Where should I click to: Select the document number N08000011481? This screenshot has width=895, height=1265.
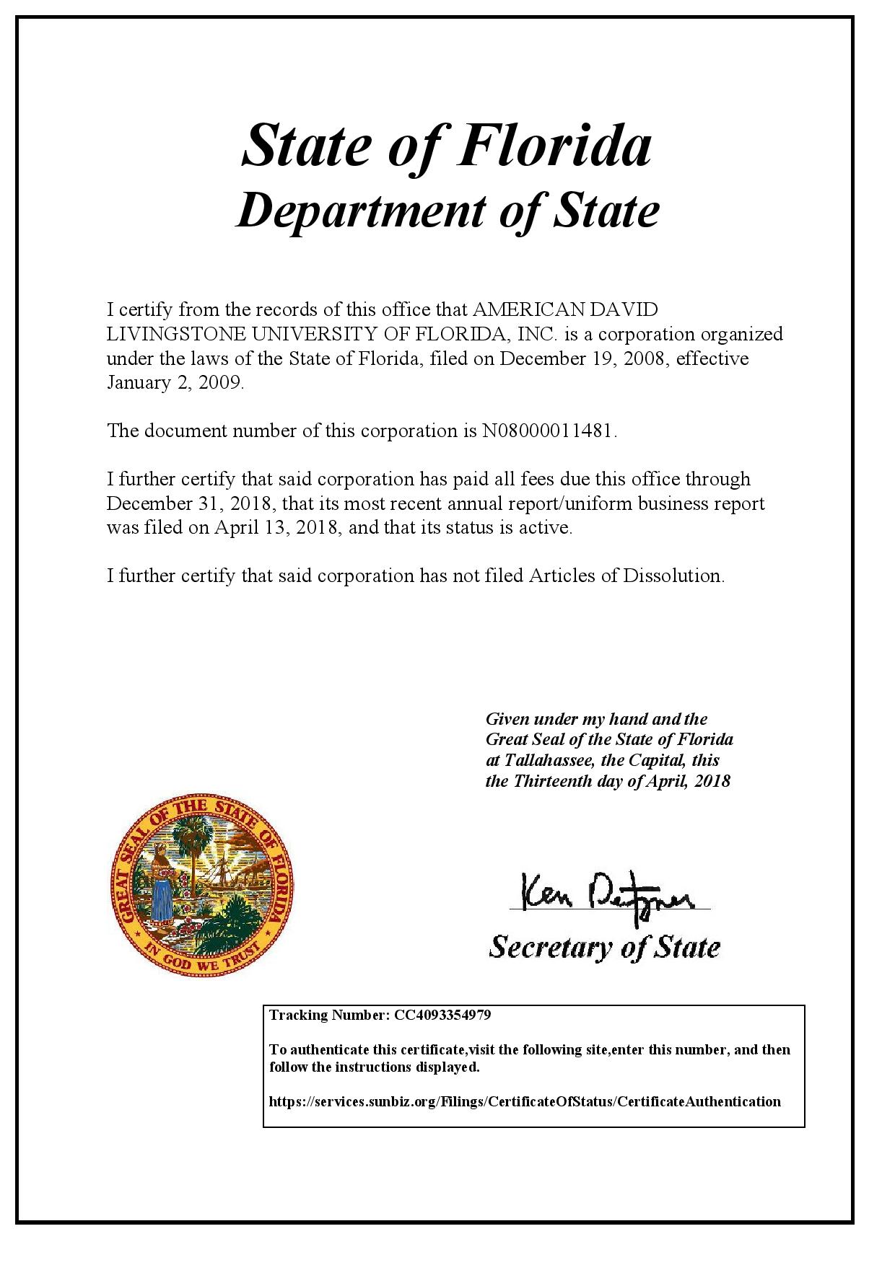tap(549, 431)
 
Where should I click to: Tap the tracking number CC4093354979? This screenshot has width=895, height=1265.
tap(442, 1015)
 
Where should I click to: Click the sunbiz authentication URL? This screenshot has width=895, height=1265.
tap(525, 1101)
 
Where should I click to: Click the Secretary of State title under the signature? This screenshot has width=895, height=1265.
tap(604, 946)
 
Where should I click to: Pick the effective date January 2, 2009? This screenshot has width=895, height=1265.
tap(175, 382)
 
